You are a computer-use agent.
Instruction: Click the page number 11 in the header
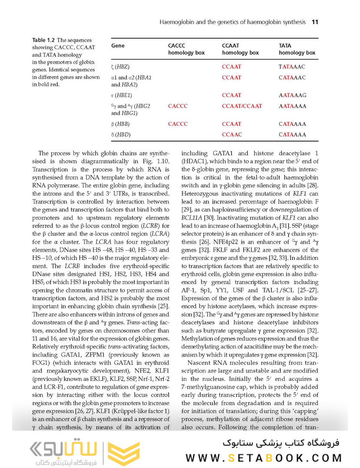click(315, 21)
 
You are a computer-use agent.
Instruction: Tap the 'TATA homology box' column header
click(297, 49)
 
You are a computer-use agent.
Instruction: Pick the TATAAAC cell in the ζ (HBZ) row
click(292, 67)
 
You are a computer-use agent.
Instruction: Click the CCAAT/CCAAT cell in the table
click(242, 106)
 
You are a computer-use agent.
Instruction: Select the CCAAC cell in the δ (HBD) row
click(232, 134)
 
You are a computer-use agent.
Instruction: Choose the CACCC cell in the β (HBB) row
click(178, 124)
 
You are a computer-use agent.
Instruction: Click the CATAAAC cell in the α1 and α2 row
click(292, 78)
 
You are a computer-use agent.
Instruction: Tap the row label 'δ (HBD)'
click(121, 134)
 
